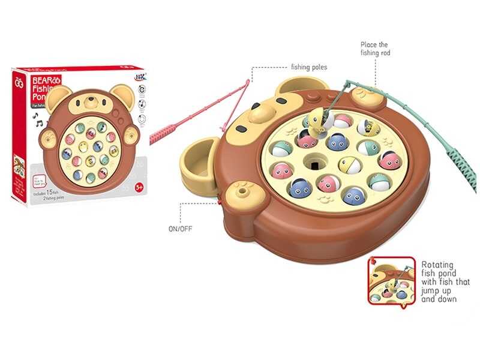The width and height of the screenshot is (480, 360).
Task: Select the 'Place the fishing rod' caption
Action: pyautogui.click(x=374, y=49)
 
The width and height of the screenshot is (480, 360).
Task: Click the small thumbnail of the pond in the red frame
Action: pyautogui.click(x=391, y=280)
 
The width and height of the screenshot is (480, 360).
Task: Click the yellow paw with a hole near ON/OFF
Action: pyautogui.click(x=241, y=192)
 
